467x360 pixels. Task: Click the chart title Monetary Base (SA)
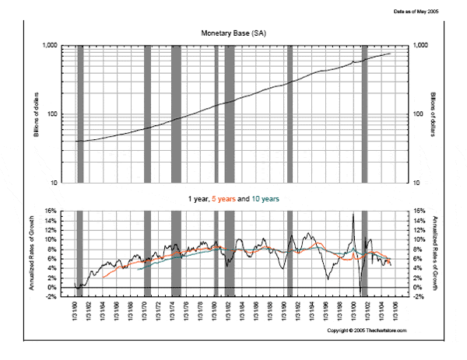233,33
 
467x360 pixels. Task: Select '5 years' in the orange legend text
223,199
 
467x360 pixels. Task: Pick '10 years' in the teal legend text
265,199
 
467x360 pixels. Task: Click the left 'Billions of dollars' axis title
37,114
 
